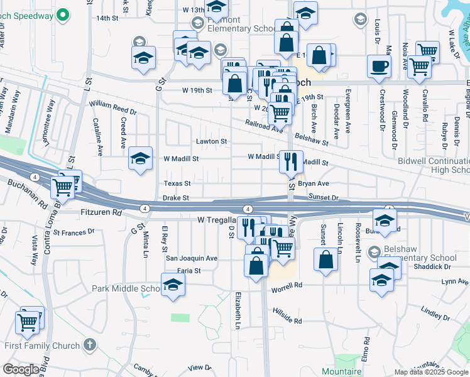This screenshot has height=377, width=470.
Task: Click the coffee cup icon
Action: (x=379, y=66)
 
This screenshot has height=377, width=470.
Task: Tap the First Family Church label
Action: (x=41, y=346)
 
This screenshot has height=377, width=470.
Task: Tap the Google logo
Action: (x=21, y=369)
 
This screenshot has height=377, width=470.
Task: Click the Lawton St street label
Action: (x=211, y=141)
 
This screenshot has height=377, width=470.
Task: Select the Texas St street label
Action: (x=177, y=183)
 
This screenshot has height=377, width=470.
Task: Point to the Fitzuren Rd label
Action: (x=101, y=213)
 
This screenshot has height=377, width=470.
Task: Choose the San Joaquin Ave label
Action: (x=191, y=258)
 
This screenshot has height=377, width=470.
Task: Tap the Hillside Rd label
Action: (x=287, y=316)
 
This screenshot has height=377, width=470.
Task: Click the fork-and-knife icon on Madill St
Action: (x=290, y=160)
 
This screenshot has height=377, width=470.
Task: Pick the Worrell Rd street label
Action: (x=287, y=288)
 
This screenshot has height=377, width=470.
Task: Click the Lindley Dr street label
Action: (x=432, y=312)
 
